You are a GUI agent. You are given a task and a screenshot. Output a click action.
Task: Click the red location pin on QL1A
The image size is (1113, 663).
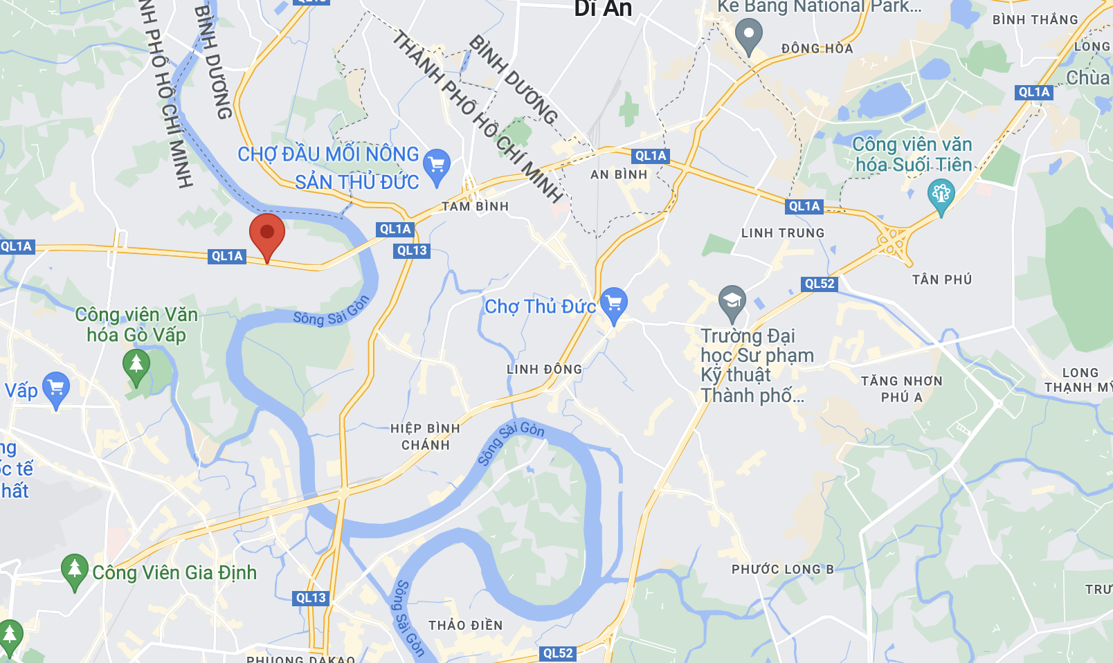(x=267, y=234)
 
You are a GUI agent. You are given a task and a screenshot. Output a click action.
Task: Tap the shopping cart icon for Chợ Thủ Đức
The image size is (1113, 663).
(x=614, y=303)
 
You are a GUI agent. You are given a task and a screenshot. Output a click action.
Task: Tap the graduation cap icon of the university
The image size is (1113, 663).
(x=732, y=301)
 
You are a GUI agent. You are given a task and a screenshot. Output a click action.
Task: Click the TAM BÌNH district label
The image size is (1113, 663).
(x=476, y=206)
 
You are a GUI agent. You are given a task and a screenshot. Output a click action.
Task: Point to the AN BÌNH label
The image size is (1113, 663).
(x=619, y=174)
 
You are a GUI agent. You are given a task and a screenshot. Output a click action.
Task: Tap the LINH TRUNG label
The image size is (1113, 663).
(x=783, y=233)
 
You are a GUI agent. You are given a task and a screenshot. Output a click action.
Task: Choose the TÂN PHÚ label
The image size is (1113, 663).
(x=942, y=280)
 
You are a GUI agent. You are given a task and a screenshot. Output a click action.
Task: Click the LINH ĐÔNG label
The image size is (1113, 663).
(x=544, y=370)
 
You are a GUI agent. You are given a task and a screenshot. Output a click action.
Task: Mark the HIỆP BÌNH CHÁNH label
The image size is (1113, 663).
(x=425, y=437)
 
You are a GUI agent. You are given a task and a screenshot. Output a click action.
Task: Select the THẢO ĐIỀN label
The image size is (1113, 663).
(x=465, y=626)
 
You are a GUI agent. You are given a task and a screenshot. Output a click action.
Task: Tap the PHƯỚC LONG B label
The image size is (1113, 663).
(x=783, y=570)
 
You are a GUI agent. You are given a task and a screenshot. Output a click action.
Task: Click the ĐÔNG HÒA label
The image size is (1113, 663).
(x=817, y=48)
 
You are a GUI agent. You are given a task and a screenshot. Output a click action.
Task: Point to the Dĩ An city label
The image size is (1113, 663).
(x=603, y=8)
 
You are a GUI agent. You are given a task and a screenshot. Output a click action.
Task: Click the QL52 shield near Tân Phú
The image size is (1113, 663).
(x=820, y=284)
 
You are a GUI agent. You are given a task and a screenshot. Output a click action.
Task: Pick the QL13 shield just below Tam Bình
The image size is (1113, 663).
(x=412, y=251)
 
